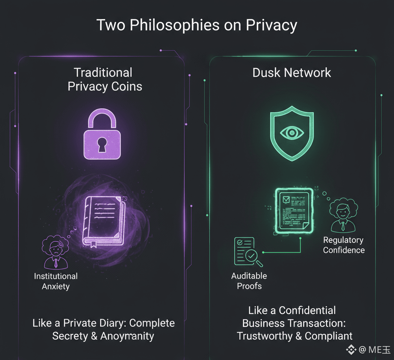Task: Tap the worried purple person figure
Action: pyautogui.click(x=55, y=252)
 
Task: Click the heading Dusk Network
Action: pyautogui.click(x=292, y=73)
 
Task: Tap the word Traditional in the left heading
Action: pyautogui.click(x=103, y=73)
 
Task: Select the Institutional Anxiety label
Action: pyautogui.click(x=56, y=281)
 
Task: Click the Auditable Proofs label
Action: pyautogui.click(x=249, y=281)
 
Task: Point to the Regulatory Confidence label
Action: pyautogui.click(x=344, y=245)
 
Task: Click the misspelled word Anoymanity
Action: pyautogui.click(x=127, y=336)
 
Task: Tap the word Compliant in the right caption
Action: pyautogui.click(x=329, y=336)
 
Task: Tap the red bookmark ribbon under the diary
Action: pyautogui.click(x=93, y=244)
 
